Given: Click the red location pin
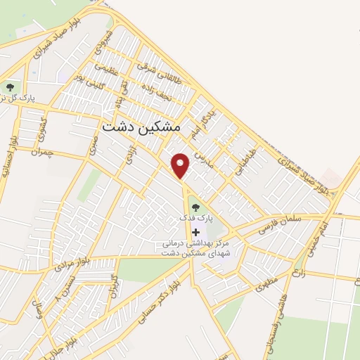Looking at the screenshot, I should point(181,165).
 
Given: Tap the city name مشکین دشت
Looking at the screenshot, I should point(141,127).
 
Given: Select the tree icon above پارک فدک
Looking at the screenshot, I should point(195,207).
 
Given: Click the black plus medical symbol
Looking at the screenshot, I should point(195,231).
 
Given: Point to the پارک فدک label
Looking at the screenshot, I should point(195,219).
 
